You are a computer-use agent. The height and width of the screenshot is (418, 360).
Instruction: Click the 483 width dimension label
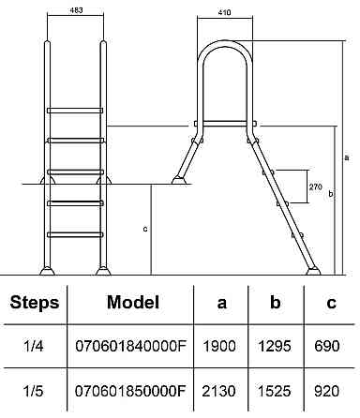click(x=76, y=10)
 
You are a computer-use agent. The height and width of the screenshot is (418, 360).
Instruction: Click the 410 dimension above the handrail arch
click(x=224, y=12)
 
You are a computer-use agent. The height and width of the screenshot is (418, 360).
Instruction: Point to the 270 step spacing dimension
click(x=315, y=187)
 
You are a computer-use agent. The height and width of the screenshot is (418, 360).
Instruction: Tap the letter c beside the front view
click(x=145, y=229)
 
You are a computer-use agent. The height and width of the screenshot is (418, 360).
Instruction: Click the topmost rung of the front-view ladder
click(x=75, y=111)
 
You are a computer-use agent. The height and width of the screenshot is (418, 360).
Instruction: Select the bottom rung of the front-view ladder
click(x=75, y=234)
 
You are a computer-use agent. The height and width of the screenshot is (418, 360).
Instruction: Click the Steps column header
click(x=35, y=303)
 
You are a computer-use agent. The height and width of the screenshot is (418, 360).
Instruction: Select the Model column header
click(x=133, y=302)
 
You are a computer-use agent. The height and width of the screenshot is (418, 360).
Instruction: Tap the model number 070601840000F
click(x=130, y=346)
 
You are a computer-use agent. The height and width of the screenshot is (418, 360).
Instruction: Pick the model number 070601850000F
click(x=130, y=391)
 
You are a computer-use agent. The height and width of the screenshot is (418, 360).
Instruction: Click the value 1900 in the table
click(x=219, y=346)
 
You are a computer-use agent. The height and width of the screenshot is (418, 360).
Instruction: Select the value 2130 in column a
click(x=218, y=391)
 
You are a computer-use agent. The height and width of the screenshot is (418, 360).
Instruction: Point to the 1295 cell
click(x=275, y=346)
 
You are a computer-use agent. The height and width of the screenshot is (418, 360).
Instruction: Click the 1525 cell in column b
click(x=275, y=391)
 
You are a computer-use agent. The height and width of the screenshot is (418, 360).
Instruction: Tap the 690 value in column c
click(x=327, y=346)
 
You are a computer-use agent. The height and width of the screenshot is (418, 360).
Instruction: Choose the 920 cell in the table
click(x=327, y=391)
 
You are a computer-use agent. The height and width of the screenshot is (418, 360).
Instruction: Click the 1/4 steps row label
click(x=33, y=346)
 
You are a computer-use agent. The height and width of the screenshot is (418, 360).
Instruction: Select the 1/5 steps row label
click(x=33, y=391)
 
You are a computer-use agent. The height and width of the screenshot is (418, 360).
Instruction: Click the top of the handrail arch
click(x=224, y=42)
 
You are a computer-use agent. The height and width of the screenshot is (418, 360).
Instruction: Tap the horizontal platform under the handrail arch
click(x=225, y=124)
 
